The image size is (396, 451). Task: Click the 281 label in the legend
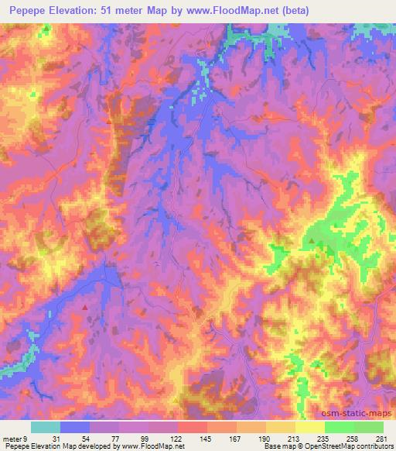point(381,439)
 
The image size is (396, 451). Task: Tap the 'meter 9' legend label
point(15,439)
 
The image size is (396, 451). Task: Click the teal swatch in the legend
point(46,427)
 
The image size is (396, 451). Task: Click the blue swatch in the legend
point(75,427)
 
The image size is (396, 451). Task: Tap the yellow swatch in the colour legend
point(309,427)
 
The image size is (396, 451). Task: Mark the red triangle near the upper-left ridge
point(109,121)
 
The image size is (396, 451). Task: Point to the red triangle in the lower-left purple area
point(85,306)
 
